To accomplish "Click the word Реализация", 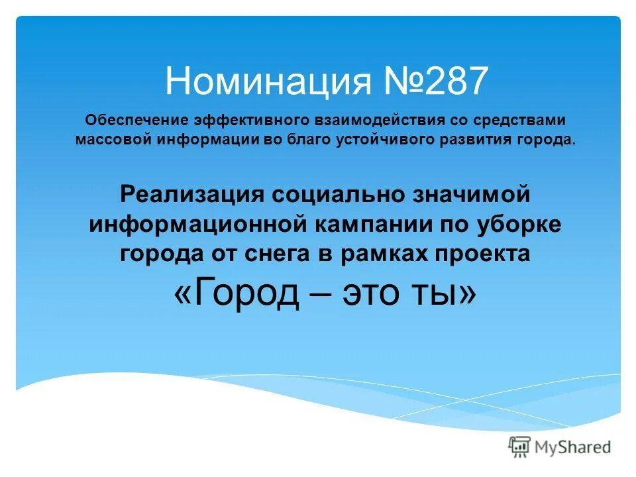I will click(191, 194).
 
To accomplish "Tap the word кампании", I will click(370, 224).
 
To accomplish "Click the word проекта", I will click(475, 254).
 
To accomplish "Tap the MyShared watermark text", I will click(573, 447).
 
